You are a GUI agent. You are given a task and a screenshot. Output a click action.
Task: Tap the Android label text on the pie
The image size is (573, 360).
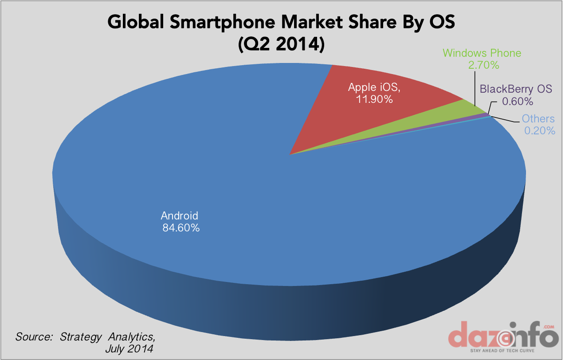180,216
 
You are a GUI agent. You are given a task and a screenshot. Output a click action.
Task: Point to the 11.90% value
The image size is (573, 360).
374,99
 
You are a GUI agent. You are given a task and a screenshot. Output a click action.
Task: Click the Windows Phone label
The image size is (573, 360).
482,53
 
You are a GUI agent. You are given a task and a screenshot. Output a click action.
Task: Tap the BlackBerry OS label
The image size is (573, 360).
516,89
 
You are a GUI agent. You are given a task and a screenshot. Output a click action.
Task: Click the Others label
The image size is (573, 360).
538,118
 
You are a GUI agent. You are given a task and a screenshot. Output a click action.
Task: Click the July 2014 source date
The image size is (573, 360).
129,348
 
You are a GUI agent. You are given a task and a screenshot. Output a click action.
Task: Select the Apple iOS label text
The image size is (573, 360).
374,87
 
